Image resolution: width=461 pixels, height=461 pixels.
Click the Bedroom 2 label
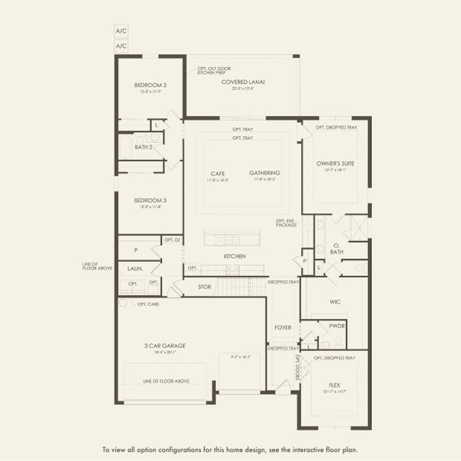tap(151, 85)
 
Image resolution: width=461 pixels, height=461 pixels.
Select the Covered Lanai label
tap(240, 81)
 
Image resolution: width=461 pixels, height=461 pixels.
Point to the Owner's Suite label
tap(337, 164)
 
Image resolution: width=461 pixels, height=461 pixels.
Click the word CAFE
tap(217, 173)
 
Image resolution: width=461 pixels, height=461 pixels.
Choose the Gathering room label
tap(264, 173)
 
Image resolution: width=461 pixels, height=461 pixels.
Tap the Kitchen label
tap(234, 256)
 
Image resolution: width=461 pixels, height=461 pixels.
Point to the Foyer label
tap(283, 327)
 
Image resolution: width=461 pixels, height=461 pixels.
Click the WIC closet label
tap(334, 302)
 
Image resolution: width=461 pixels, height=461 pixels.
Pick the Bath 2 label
tap(144, 147)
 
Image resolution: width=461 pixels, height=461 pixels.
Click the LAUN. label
tap(135, 268)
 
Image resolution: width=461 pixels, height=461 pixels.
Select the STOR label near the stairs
tap(204, 287)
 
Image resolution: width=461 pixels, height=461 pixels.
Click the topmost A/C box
tap(121, 31)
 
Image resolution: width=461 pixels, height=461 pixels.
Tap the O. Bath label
tap(337, 248)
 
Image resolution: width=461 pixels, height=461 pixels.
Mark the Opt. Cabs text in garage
tap(148, 304)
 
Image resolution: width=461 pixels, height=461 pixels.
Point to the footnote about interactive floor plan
tap(230, 449)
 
